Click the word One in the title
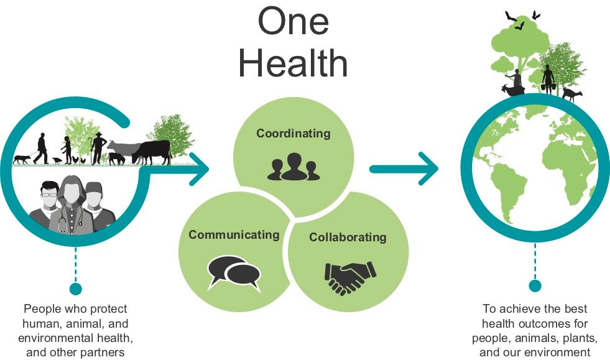pyautogui.click(x=293, y=22)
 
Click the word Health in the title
pyautogui.click(x=293, y=63)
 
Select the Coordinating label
pyautogui.click(x=293, y=134)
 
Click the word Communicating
pyautogui.click(x=234, y=234)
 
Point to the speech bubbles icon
pyautogui.click(x=233, y=272)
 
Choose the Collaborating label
pyautogui.click(x=348, y=237)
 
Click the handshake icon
pyautogui.click(x=350, y=277)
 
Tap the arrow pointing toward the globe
pyautogui.click(x=404, y=168)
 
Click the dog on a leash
pyautogui.click(x=21, y=159)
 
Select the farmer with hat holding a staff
pyautogui.click(x=98, y=149)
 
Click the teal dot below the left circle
pyautogui.click(x=76, y=288)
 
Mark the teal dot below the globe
pyautogui.click(x=535, y=286)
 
